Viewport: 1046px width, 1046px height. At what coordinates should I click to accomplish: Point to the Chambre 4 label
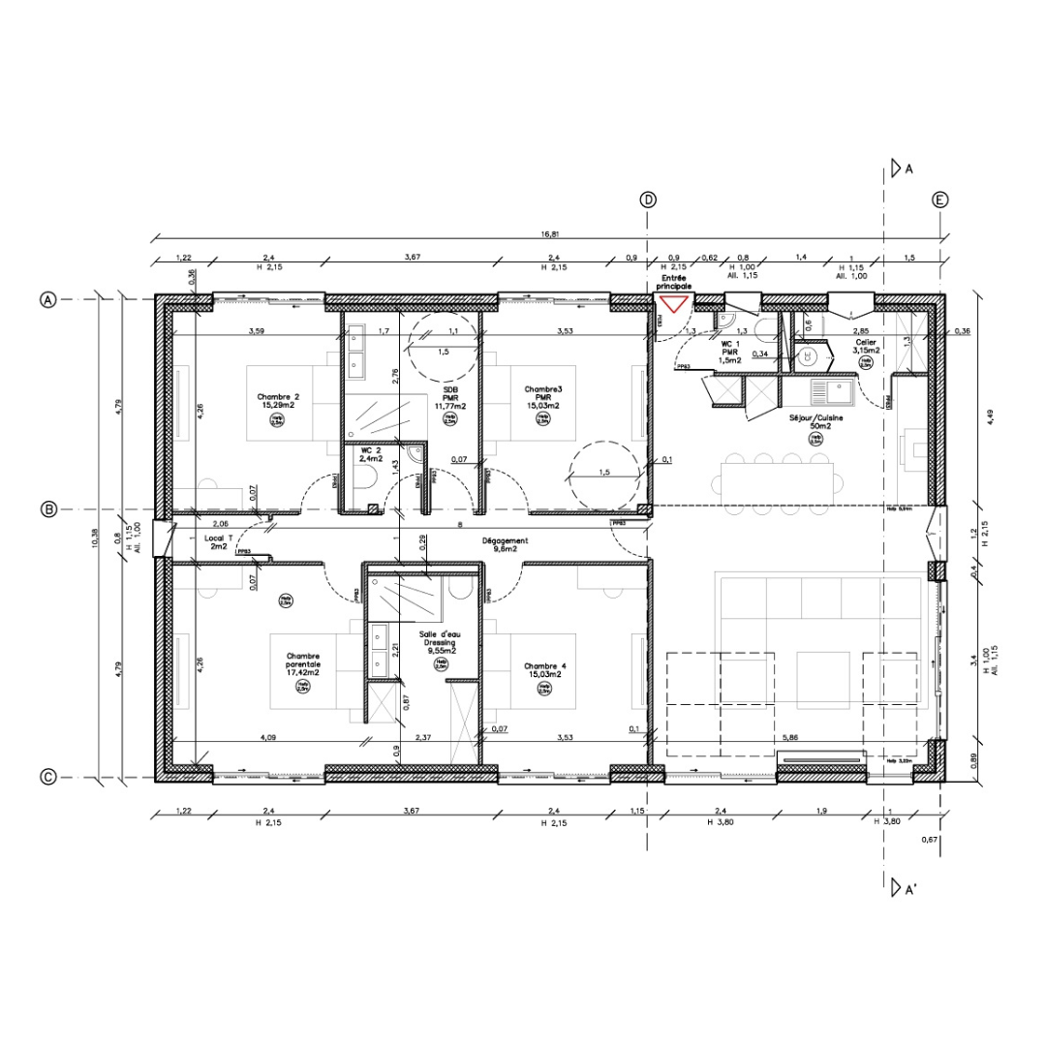[x=543, y=670]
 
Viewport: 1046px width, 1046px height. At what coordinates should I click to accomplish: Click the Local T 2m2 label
[x=218, y=541]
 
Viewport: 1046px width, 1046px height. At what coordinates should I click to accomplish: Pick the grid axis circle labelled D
[x=648, y=200]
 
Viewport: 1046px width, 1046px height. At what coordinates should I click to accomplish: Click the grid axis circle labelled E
[x=939, y=200]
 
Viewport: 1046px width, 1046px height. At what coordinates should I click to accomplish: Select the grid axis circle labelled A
[x=46, y=299]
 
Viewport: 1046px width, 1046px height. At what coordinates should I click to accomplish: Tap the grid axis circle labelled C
[x=46, y=776]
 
